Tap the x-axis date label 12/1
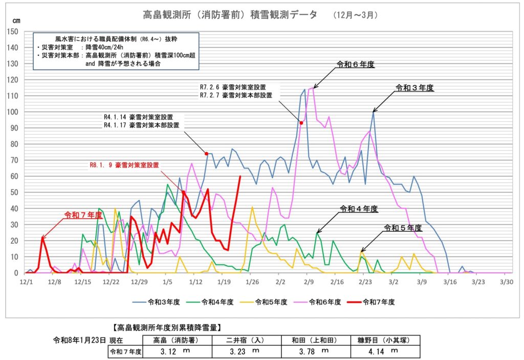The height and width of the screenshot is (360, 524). [x=26, y=281]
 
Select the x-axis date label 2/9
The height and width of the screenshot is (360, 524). [x=309, y=281]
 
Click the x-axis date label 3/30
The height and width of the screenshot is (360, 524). [x=506, y=281]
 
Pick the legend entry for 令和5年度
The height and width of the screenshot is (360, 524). [x=272, y=302]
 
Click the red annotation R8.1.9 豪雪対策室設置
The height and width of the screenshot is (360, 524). [x=124, y=165]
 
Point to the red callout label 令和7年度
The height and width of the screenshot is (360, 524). [x=81, y=215]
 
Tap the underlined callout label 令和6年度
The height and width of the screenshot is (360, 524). [x=356, y=65]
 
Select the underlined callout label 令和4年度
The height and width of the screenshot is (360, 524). [x=359, y=209]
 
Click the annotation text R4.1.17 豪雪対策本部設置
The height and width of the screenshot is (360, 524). [x=142, y=125]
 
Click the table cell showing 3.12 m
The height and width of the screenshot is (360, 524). [x=175, y=351]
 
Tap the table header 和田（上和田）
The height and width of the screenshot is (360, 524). [x=315, y=340]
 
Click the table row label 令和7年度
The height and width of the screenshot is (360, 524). [x=125, y=351]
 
